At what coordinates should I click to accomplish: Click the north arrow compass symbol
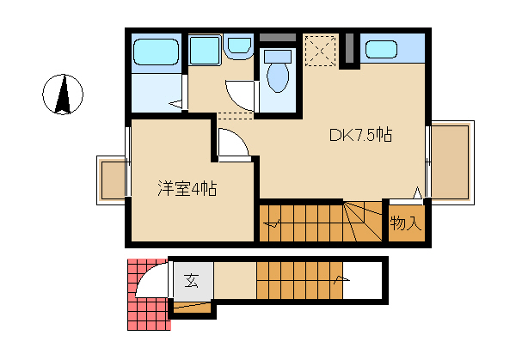[x=63, y=95]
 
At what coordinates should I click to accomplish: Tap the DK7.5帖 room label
[x=360, y=135]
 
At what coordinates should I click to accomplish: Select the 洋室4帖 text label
[x=187, y=189]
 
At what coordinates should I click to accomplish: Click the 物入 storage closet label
[x=406, y=223]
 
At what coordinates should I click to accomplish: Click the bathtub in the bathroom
[x=156, y=52]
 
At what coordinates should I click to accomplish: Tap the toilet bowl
[x=278, y=77]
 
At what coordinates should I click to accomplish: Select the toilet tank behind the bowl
[x=278, y=56]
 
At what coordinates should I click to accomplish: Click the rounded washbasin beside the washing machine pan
[x=239, y=46]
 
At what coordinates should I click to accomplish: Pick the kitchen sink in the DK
[x=381, y=49]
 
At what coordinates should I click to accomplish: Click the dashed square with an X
[x=320, y=51]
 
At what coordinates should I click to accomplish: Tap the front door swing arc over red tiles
[x=152, y=279]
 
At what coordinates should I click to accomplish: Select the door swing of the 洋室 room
[x=234, y=143]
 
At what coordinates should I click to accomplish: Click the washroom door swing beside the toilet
[x=240, y=95]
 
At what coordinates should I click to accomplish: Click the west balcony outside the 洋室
[x=112, y=180]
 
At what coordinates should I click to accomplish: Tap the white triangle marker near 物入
[x=417, y=192]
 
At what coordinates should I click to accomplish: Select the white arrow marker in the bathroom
[x=175, y=104]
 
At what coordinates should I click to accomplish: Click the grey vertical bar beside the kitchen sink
[x=349, y=48]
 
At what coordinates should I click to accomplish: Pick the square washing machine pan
[x=205, y=51]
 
